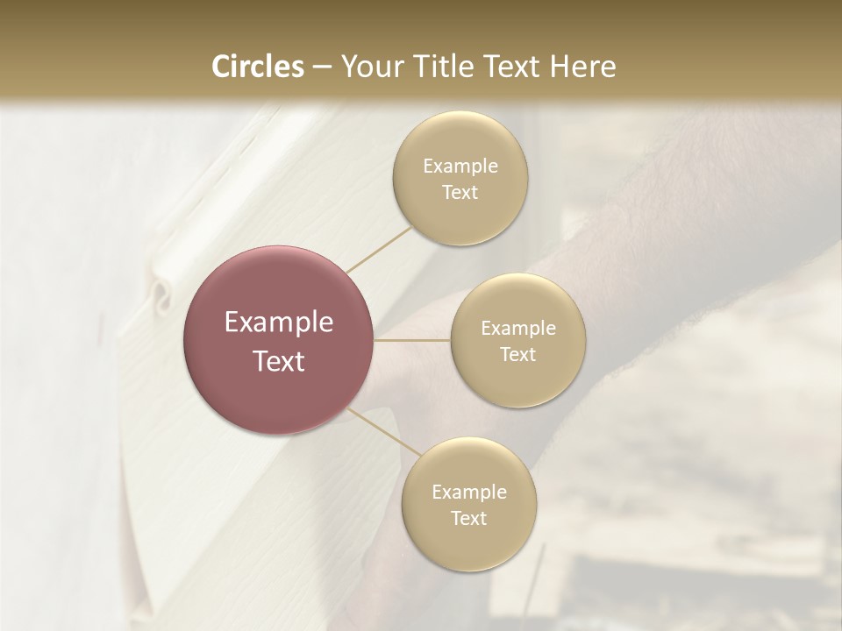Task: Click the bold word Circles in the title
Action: point(257,67)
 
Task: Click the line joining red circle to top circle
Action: point(379,250)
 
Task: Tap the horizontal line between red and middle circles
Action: point(412,340)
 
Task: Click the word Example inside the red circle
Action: point(279,323)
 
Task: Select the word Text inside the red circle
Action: point(279,361)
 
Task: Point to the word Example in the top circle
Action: point(460,167)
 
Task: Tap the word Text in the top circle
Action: point(460,193)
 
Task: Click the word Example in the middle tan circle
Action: point(518,329)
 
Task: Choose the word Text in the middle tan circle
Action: point(518,355)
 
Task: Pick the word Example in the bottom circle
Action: point(469,493)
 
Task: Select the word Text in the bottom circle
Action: point(469,519)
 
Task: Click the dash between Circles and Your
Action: point(322,67)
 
